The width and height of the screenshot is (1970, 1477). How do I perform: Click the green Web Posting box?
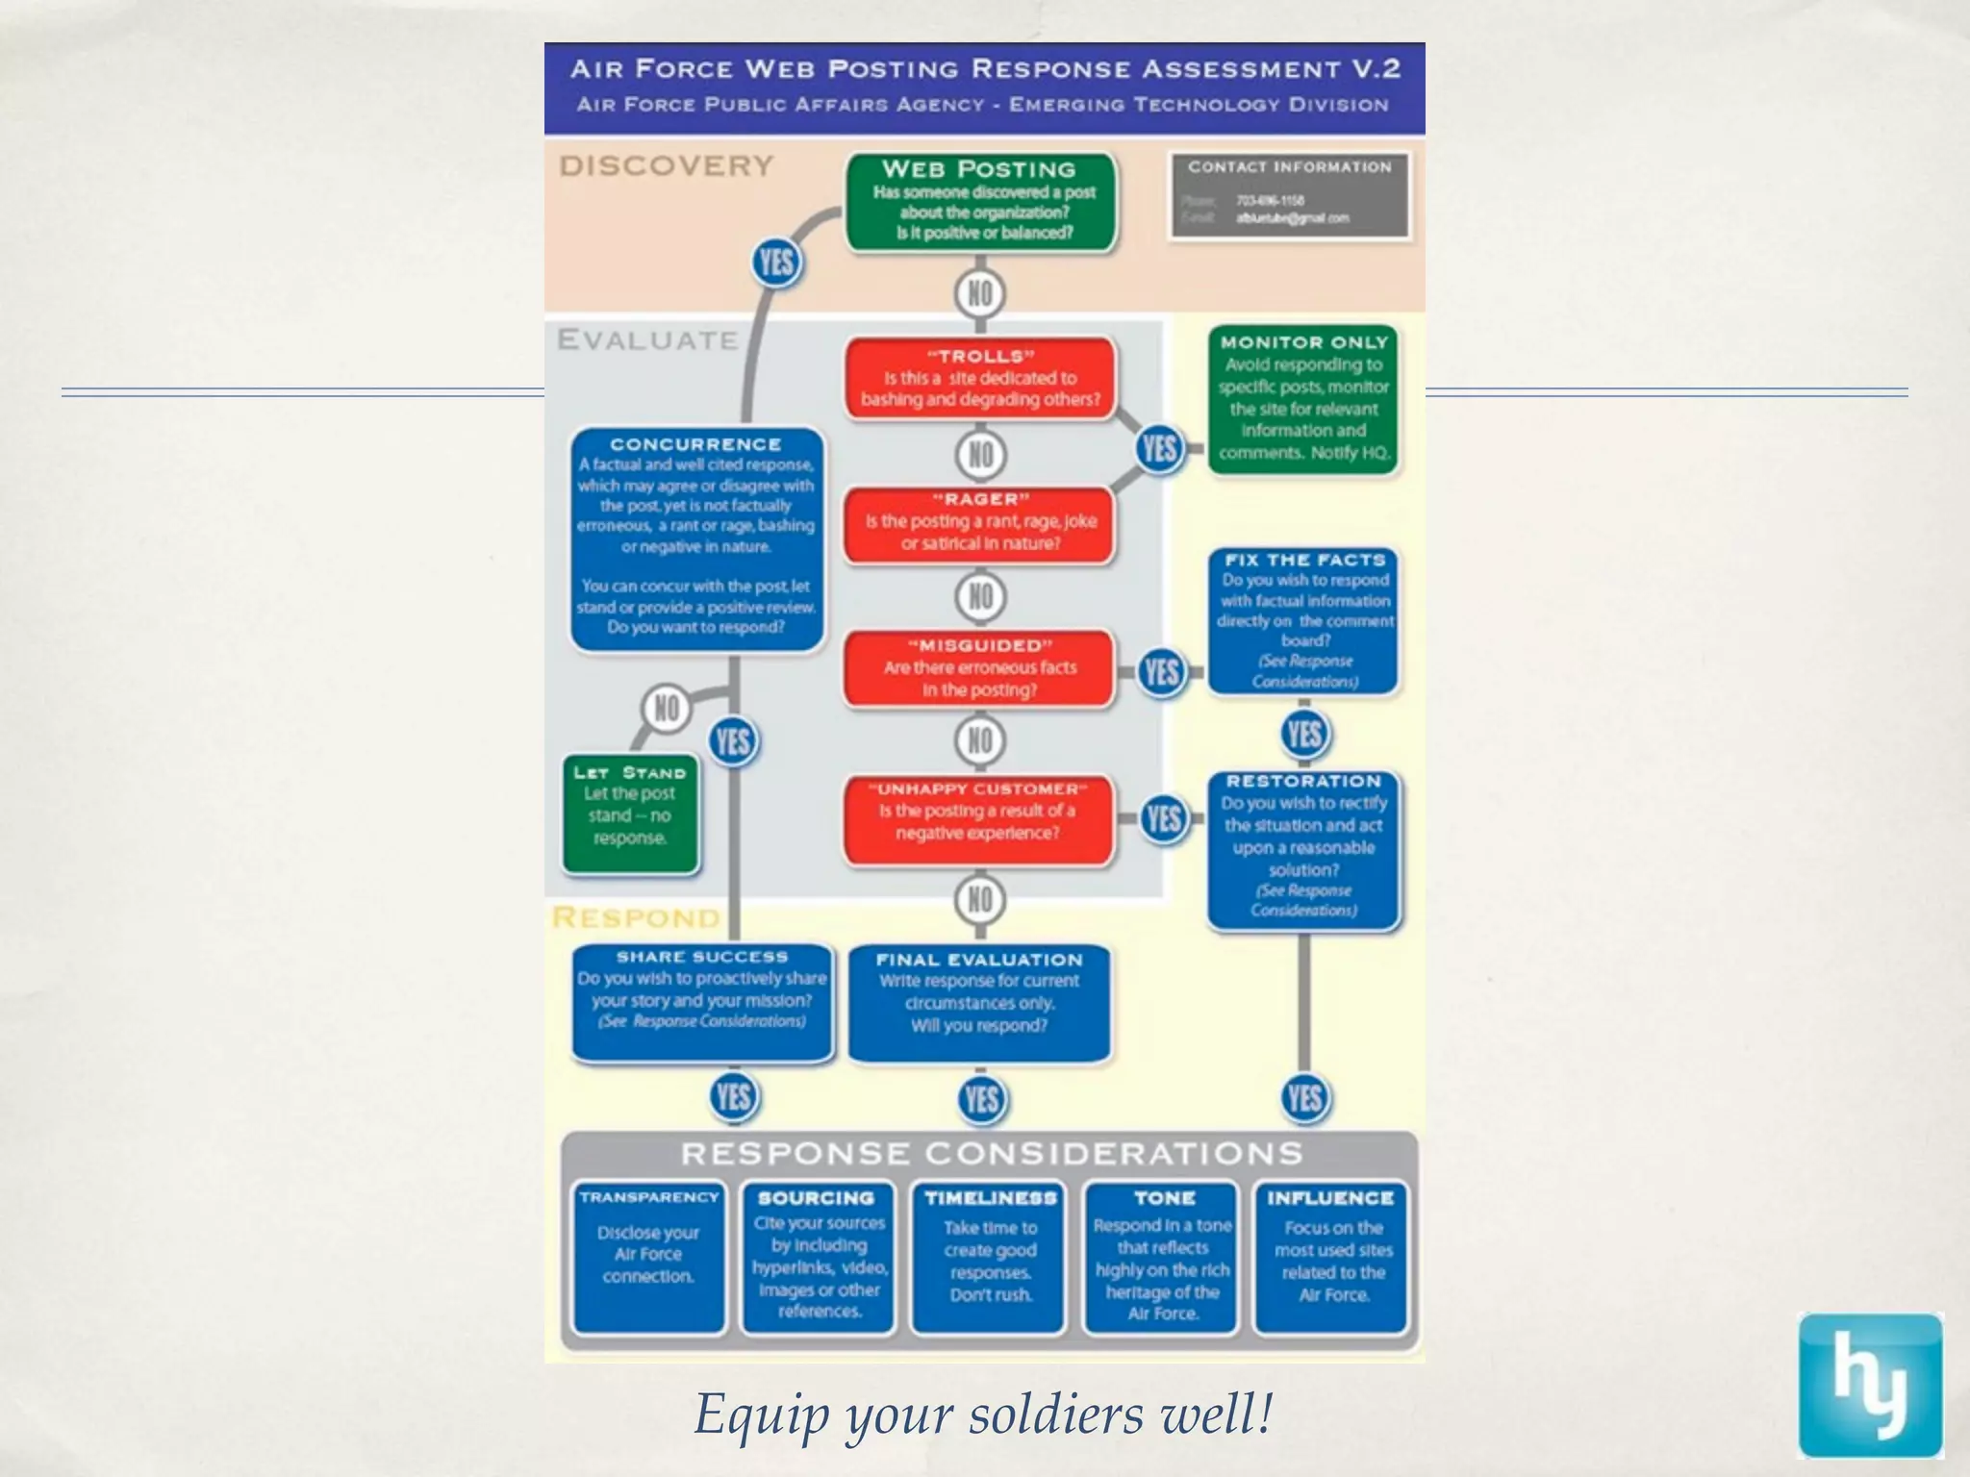[980, 202]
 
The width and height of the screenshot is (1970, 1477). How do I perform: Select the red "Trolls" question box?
[980, 379]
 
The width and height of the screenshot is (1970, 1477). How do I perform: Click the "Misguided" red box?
[980, 668]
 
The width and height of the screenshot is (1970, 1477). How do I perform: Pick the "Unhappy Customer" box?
[978, 813]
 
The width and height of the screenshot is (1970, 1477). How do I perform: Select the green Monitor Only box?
[1303, 399]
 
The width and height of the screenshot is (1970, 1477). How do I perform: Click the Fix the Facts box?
[1303, 620]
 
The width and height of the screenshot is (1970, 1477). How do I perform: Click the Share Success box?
[702, 1000]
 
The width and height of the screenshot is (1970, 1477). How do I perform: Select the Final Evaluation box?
[979, 1002]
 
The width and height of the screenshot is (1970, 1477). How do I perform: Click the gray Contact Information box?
[1289, 195]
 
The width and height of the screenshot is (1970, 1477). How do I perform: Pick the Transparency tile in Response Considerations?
[648, 1255]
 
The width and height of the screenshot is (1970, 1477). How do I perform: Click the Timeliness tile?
[990, 1255]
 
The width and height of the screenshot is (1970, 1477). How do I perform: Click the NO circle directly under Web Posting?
[980, 293]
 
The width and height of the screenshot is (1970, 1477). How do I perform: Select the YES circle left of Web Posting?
[776, 263]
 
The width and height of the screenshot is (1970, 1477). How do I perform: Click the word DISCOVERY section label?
[666, 166]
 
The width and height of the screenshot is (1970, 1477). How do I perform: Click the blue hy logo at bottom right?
[1870, 1385]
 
